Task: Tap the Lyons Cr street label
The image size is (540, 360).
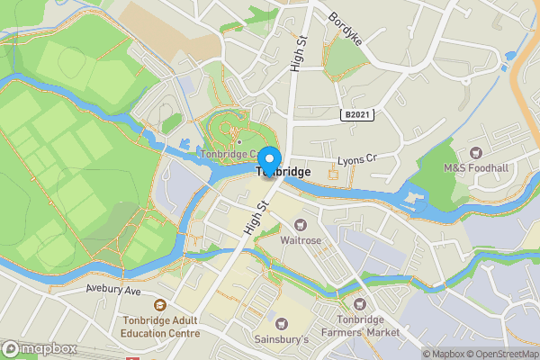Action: (356, 160)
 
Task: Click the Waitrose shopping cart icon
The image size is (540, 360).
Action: (301, 224)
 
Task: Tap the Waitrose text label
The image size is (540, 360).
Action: (301, 239)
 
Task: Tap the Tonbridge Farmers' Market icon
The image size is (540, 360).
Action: (360, 305)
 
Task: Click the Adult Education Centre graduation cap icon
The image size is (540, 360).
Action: (159, 306)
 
